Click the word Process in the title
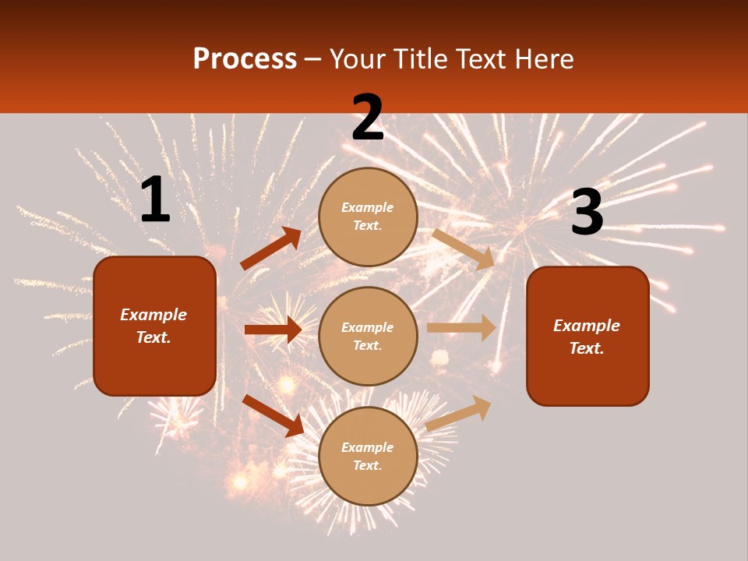[x=245, y=59]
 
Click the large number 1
[x=155, y=200]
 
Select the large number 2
[x=368, y=117]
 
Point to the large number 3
[x=587, y=213]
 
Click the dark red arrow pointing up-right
[x=270, y=249]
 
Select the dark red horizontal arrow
[x=273, y=330]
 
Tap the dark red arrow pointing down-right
[x=273, y=415]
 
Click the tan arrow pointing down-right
[x=463, y=249]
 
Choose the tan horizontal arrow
[x=461, y=328]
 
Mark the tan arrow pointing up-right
[x=459, y=413]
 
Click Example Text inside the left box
[x=153, y=326]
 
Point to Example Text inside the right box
[x=587, y=337]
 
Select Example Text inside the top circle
[x=368, y=217]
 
